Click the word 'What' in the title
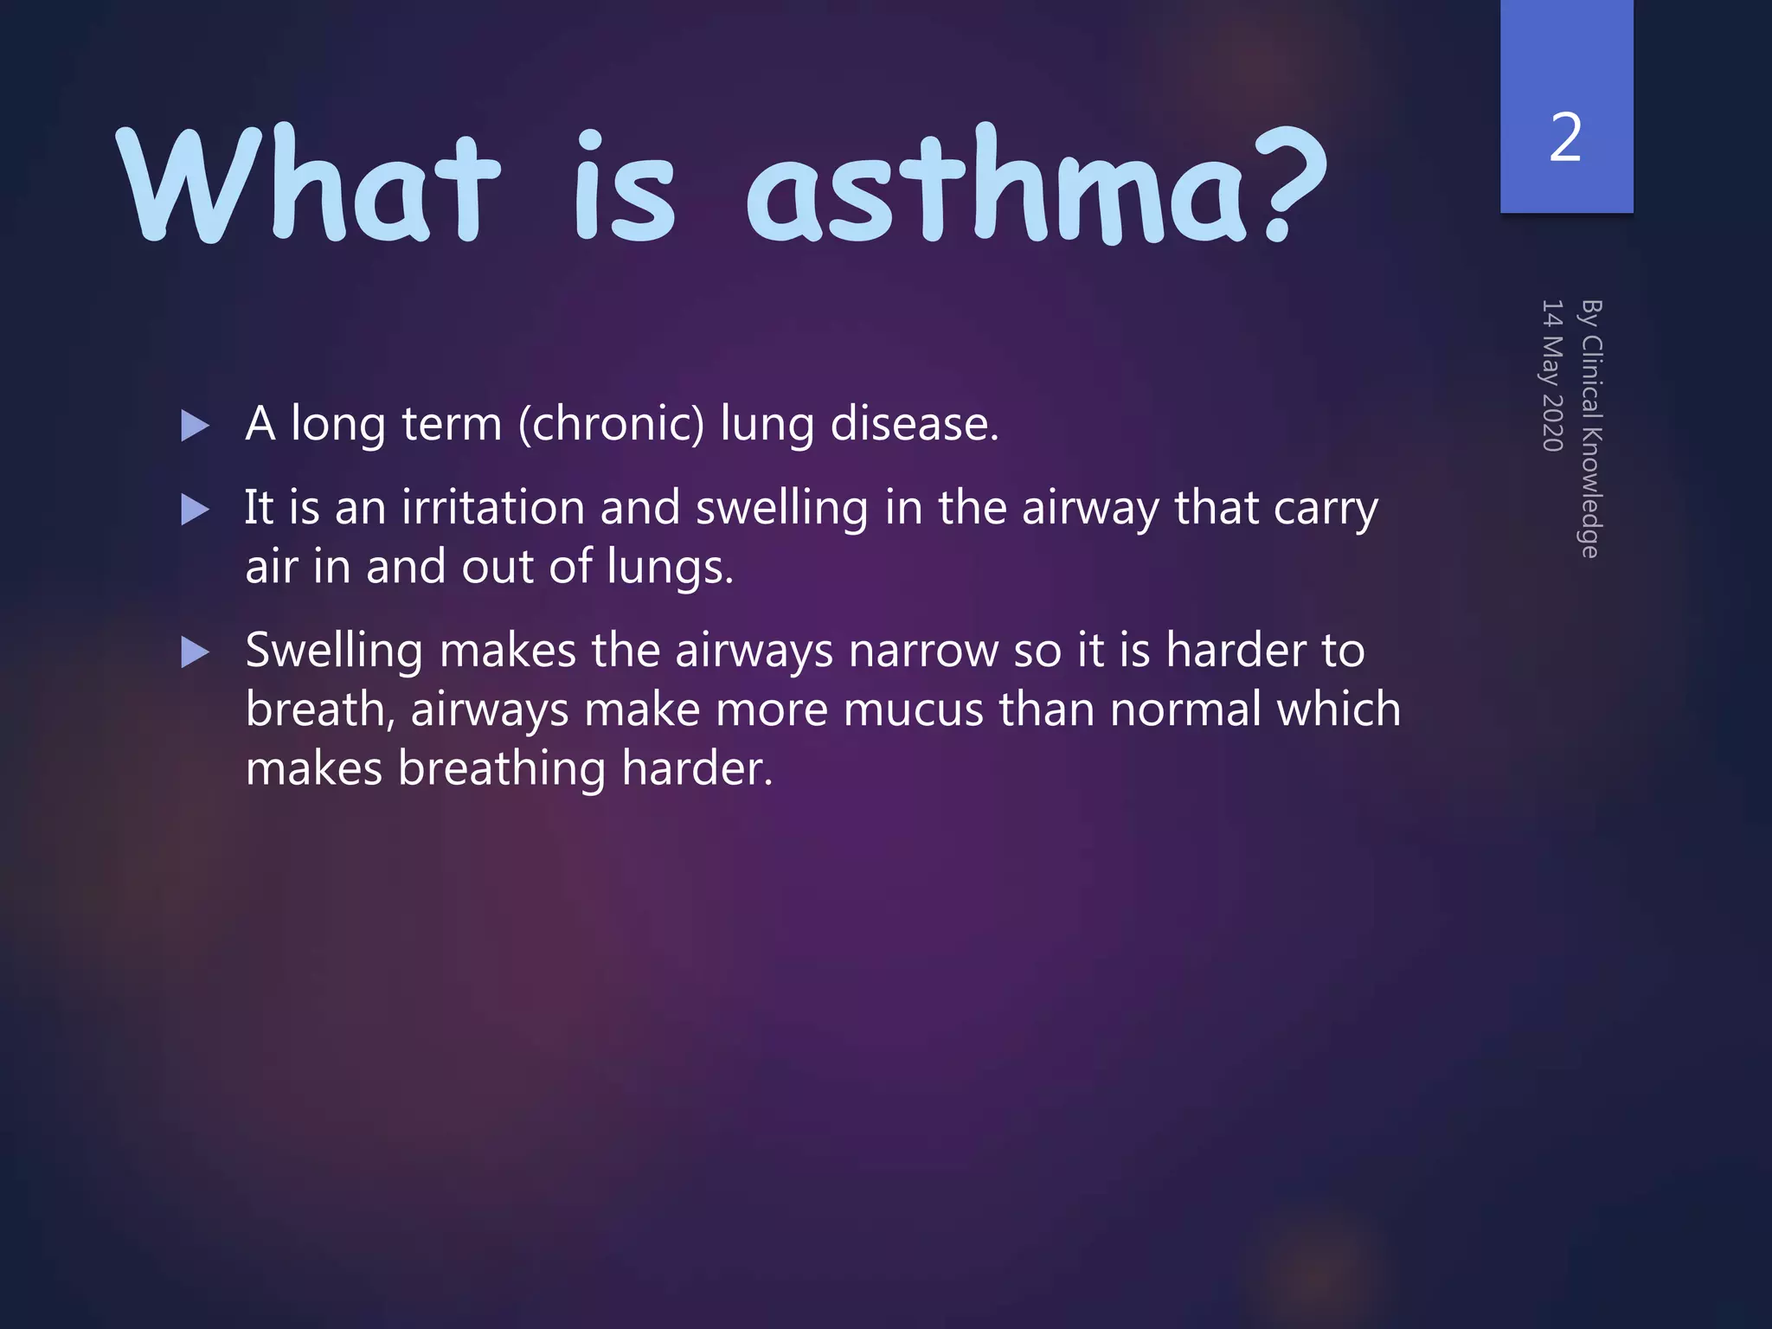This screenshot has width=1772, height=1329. pyautogui.click(x=307, y=186)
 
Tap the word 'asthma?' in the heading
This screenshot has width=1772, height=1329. pyautogui.click(x=1034, y=186)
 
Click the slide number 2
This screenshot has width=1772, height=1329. pyautogui.click(x=1565, y=138)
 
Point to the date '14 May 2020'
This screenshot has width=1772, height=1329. pyautogui.click(x=1552, y=376)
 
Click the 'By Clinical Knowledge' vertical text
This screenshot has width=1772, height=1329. pyautogui.click(x=1590, y=428)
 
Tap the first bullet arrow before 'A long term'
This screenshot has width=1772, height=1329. pyautogui.click(x=196, y=426)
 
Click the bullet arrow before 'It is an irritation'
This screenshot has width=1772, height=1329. pyautogui.click(x=196, y=510)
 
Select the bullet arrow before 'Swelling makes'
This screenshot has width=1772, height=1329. pyautogui.click(x=196, y=652)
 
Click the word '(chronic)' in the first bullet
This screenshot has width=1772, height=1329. pyautogui.click(x=612, y=425)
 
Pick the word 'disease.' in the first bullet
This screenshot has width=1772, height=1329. pyautogui.click(x=914, y=424)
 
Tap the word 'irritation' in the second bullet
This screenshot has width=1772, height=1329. pyautogui.click(x=493, y=507)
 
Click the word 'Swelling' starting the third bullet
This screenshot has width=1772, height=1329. pyautogui.click(x=334, y=652)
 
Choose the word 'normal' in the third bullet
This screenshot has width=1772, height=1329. pyautogui.click(x=1185, y=710)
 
